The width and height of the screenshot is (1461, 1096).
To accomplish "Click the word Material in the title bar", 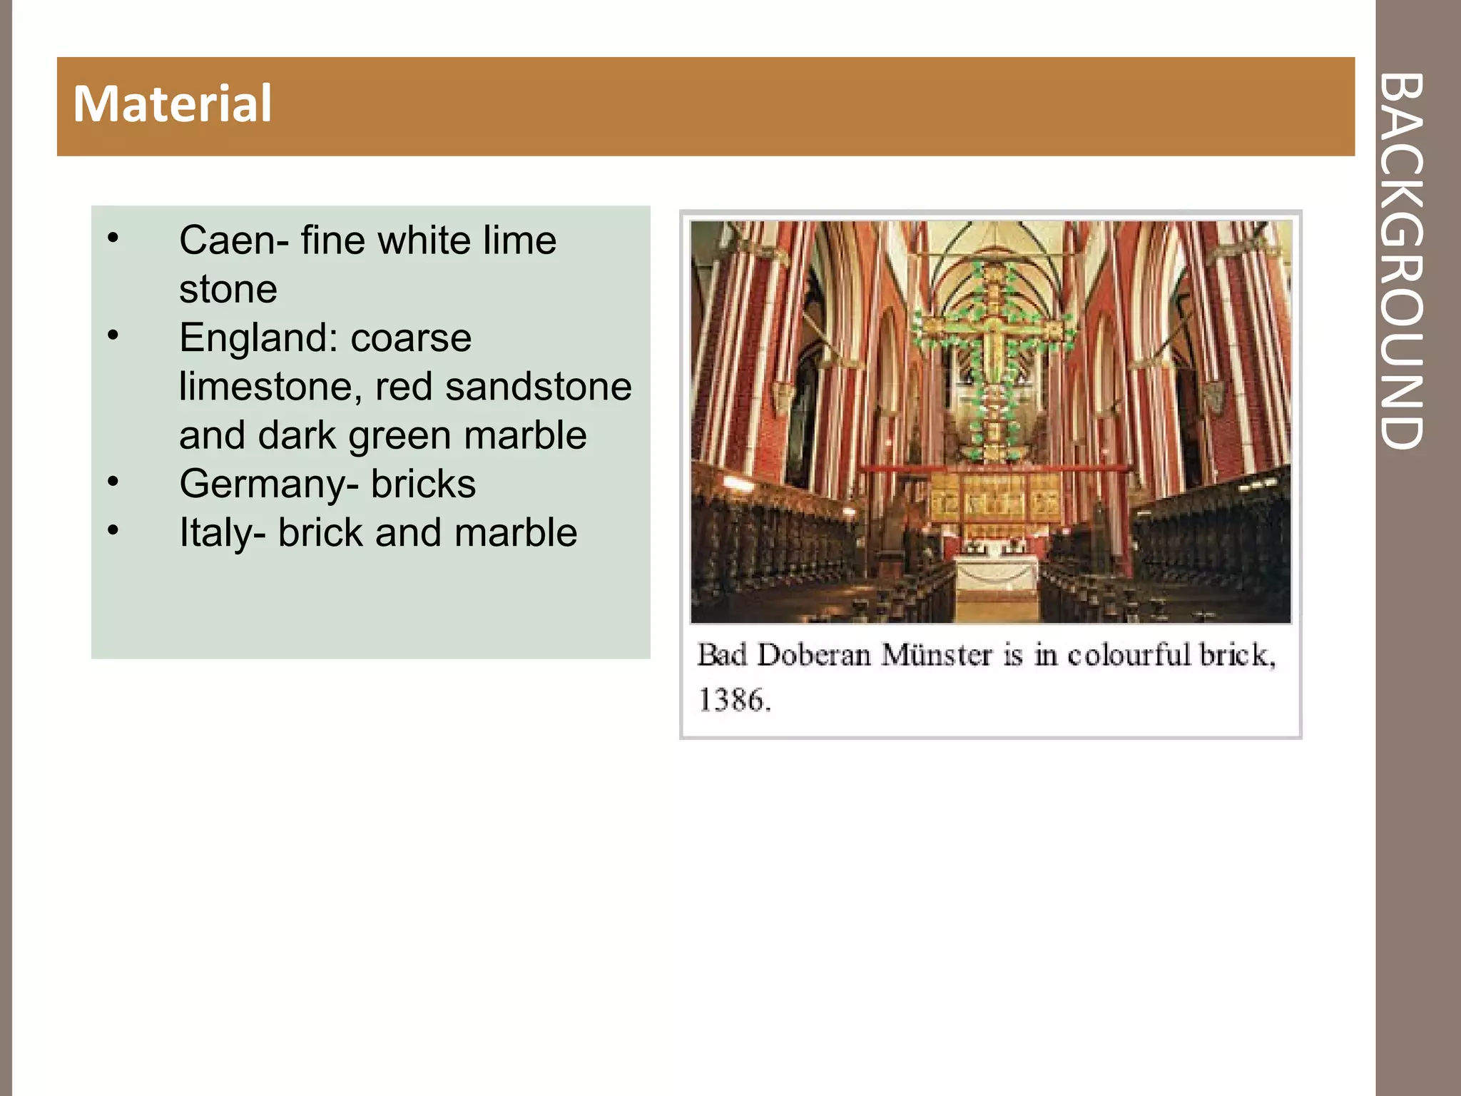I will click(x=173, y=104).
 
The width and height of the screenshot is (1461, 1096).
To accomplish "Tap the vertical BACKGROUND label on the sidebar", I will click(x=1401, y=260).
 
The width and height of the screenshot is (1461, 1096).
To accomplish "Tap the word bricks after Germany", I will click(x=423, y=484).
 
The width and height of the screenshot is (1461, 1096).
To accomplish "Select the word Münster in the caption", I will click(x=936, y=655).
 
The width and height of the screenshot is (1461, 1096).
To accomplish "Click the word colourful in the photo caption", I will click(x=1128, y=655).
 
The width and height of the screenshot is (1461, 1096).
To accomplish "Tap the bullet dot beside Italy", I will click(x=113, y=529).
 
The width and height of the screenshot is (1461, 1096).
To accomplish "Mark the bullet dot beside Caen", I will click(x=113, y=238).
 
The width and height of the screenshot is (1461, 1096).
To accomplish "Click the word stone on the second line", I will click(x=228, y=289).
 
